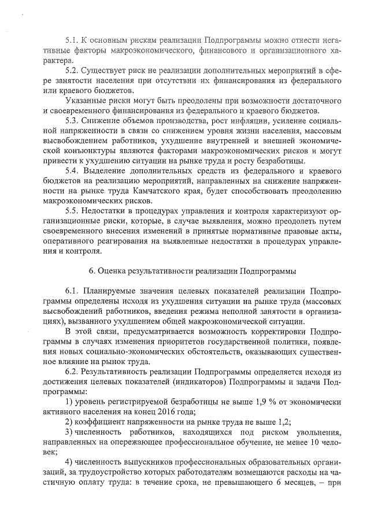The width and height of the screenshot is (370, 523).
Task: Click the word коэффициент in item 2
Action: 99,422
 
